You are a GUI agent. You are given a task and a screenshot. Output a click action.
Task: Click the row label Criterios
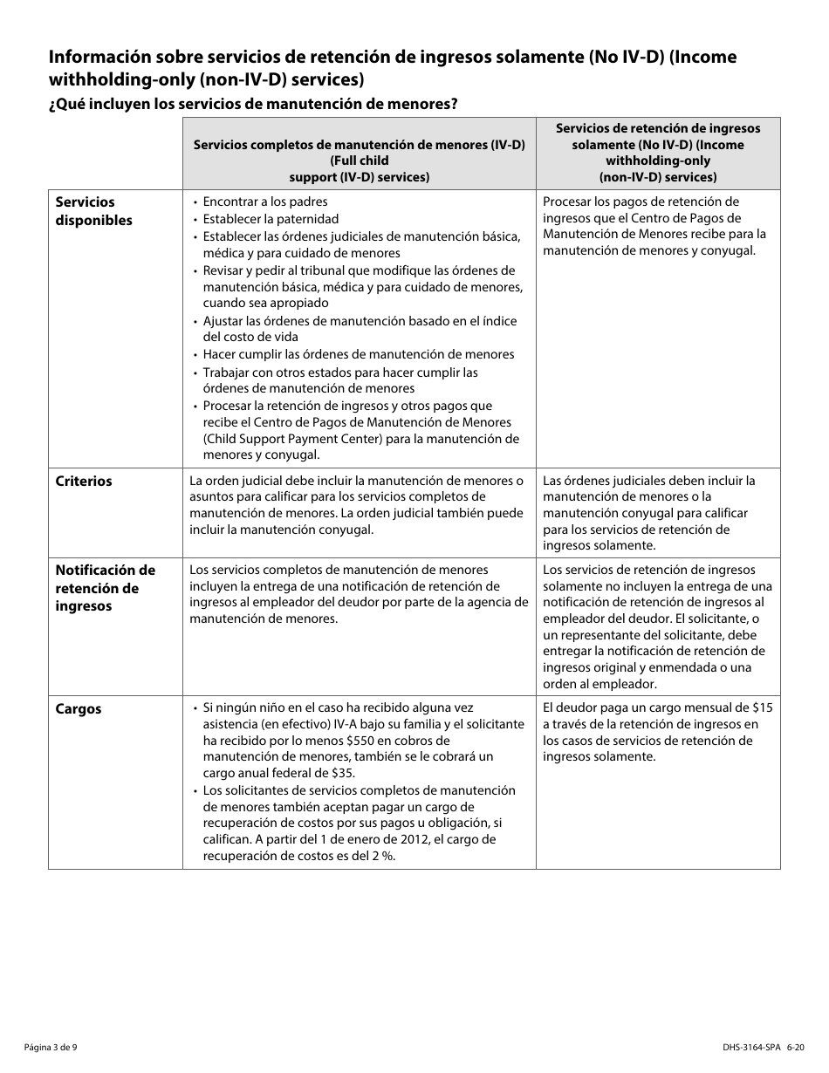click(x=84, y=482)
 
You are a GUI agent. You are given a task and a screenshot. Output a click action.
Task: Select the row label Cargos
click(x=79, y=709)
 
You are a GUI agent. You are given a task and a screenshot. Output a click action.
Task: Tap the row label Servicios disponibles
click(x=94, y=211)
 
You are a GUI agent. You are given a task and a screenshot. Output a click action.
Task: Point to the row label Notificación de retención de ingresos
click(x=105, y=588)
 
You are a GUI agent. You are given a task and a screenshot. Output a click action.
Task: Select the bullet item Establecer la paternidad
click(x=271, y=219)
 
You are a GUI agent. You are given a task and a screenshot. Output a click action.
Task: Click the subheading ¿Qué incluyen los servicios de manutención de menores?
click(x=253, y=104)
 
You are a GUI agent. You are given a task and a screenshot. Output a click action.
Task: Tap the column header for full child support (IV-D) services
click(x=359, y=161)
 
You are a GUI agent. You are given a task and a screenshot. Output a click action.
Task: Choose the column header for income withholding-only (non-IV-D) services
click(x=658, y=153)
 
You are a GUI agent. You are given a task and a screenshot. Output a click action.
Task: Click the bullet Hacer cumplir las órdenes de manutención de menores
click(x=359, y=354)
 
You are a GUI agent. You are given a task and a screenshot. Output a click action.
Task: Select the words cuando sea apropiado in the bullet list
click(x=265, y=303)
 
